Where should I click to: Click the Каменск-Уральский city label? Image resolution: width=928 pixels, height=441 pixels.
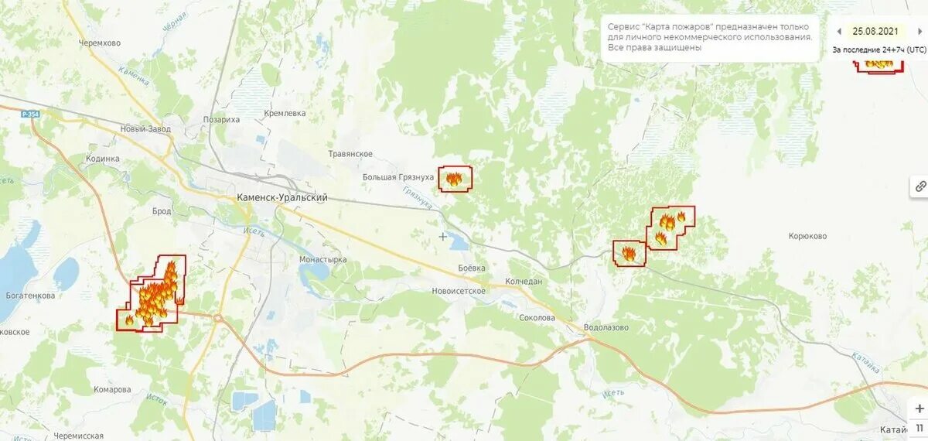(x=282, y=198)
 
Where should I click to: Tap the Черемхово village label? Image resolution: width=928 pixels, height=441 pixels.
(x=100, y=43)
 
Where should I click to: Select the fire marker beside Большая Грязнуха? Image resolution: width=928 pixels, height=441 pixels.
(x=455, y=179)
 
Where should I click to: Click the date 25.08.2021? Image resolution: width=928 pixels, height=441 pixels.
(x=875, y=32)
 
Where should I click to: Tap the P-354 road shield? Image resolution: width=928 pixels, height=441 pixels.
(x=31, y=115)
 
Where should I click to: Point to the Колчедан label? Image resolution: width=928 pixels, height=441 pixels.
(x=524, y=282)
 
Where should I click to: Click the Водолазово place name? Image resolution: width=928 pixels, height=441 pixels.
(x=606, y=327)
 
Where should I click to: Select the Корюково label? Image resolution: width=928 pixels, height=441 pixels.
(x=807, y=237)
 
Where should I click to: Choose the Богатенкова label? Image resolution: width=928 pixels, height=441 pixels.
(x=29, y=296)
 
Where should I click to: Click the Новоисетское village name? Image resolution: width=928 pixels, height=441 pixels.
(x=459, y=291)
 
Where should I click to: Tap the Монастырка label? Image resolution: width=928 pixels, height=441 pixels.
(x=322, y=260)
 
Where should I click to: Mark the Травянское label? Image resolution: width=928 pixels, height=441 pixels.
(x=351, y=154)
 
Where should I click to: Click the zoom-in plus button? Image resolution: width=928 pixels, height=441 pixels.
(x=919, y=409)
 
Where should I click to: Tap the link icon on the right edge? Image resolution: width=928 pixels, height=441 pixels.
(x=920, y=186)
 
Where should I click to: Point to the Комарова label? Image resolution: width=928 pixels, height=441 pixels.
(x=112, y=390)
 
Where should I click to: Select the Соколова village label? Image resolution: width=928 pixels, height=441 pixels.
(x=537, y=318)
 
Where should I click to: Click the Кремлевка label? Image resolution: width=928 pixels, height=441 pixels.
(x=285, y=114)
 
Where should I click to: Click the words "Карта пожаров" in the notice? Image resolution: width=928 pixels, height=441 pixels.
(x=681, y=26)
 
